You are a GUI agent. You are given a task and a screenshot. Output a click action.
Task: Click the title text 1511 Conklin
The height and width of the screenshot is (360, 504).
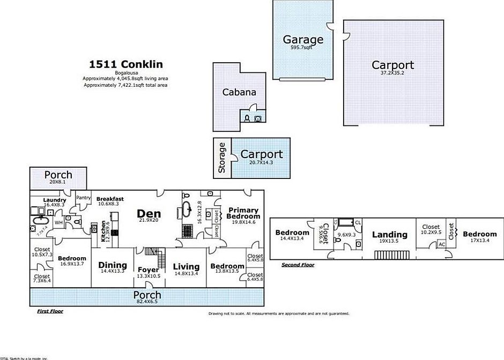coord(125,64)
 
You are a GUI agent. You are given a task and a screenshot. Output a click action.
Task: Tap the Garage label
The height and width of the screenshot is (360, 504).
coord(303,39)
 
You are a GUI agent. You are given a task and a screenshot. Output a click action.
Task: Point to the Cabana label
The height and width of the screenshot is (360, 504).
coord(239,92)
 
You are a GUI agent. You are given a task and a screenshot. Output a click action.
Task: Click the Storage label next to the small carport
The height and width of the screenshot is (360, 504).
coord(222,158)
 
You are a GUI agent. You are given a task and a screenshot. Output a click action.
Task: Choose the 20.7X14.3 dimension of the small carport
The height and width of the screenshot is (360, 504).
coord(261,162)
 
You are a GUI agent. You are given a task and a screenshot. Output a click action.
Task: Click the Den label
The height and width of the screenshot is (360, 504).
coord(149,213)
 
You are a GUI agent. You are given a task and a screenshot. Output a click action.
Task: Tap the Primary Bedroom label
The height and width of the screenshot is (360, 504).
coord(243,213)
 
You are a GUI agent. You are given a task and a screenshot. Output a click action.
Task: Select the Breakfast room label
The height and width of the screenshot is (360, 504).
coord(110,199)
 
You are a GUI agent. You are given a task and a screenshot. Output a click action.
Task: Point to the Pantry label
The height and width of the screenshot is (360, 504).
coord(84,198)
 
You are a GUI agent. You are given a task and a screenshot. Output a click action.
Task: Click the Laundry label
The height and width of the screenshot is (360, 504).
coord(55,200)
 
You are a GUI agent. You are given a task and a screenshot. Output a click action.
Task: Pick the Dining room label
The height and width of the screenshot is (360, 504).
coord(113,265)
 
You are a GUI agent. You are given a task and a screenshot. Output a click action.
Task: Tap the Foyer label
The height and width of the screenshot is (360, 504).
coord(149,269)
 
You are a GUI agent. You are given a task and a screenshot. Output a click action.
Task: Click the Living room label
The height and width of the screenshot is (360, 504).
coord(186,266)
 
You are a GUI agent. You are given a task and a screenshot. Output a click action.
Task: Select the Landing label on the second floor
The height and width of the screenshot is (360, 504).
coord(390,234)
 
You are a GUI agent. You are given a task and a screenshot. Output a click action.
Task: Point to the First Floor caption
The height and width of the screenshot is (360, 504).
coord(50,311)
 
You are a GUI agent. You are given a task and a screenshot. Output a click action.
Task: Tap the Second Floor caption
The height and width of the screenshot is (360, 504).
coord(298,265)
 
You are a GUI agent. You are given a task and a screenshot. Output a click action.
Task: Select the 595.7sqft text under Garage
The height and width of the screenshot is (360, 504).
coord(301,48)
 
